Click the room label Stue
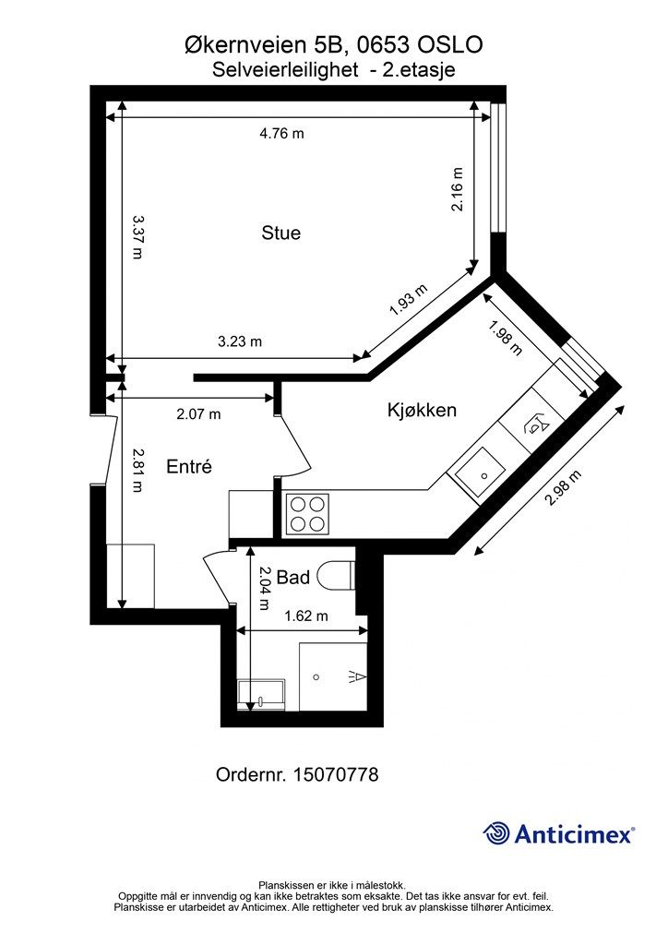pyautogui.click(x=280, y=233)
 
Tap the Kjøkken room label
pyautogui.click(x=422, y=410)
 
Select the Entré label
pyautogui.click(x=189, y=466)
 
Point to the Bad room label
pyautogui.click(x=292, y=578)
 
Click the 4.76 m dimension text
pyautogui.click(x=282, y=133)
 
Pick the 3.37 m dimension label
pyautogui.click(x=138, y=237)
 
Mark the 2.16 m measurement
pyautogui.click(x=458, y=189)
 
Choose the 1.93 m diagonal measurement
pyautogui.click(x=409, y=300)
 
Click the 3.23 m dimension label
pyautogui.click(x=240, y=341)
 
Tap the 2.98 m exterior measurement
pyautogui.click(x=563, y=487)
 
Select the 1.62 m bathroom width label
pyautogui.click(x=306, y=616)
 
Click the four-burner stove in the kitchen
pyautogui.click(x=307, y=513)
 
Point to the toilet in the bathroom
pyautogui.click(x=336, y=576)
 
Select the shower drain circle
pyautogui.click(x=316, y=677)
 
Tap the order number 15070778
pyautogui.click(x=336, y=774)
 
